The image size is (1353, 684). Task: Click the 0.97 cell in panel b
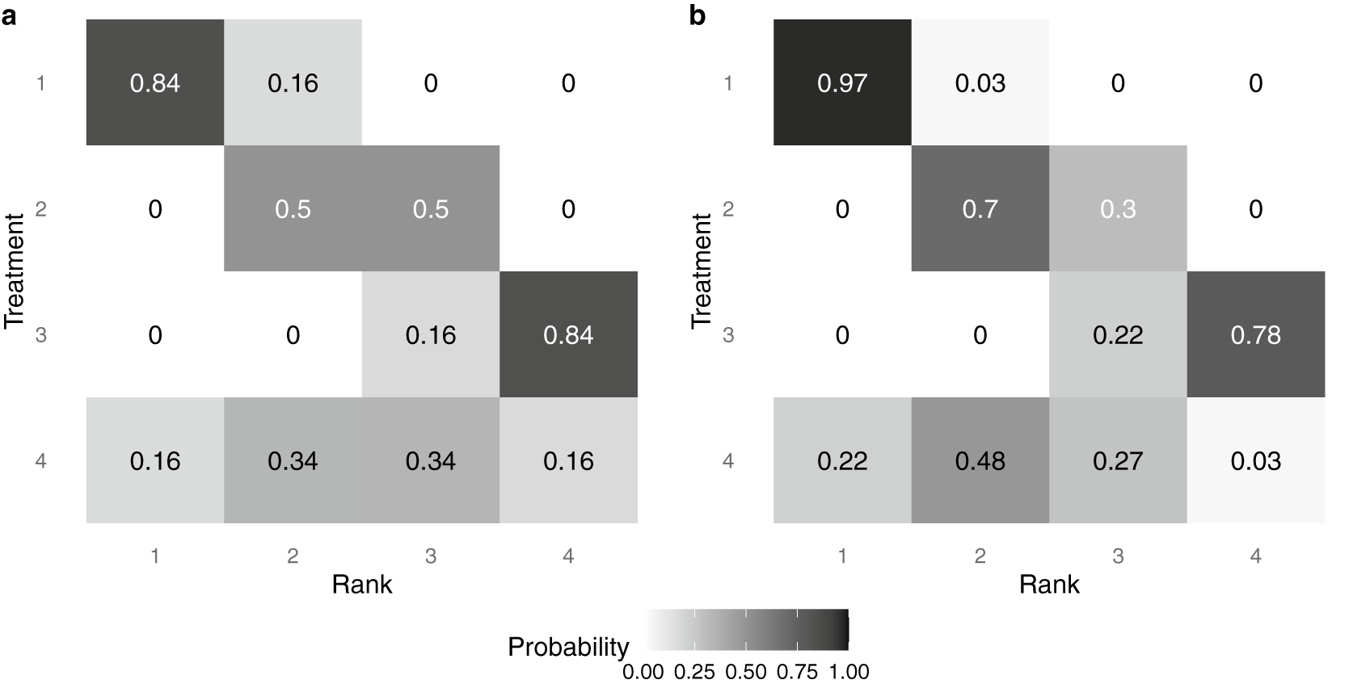coord(842,83)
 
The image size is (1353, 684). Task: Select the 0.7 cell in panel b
coord(980,209)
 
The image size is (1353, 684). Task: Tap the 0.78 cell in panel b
coord(1255,335)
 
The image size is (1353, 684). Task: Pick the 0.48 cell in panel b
coord(980,461)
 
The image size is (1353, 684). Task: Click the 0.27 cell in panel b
coord(1118,461)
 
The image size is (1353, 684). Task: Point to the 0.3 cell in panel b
coord(1118,209)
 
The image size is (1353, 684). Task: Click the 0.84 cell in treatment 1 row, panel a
coord(155,83)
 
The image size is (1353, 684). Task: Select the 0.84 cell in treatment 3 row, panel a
coord(568,335)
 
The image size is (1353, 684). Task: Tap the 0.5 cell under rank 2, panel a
coord(293,209)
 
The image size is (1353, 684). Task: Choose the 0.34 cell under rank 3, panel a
coord(431,461)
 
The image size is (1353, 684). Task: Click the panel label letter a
coord(9,16)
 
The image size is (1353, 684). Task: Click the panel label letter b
coord(698,16)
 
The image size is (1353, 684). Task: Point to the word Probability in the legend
coord(568,647)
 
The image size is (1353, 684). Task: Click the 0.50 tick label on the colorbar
coord(746,672)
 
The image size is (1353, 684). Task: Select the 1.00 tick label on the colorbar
coord(848,672)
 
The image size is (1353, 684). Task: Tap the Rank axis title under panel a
coord(361,584)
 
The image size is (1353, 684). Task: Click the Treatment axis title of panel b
coord(702,271)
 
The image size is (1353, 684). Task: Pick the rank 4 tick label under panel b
coord(1255,556)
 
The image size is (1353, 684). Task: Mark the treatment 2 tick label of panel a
coord(41,209)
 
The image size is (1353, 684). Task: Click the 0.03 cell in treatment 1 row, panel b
coord(980,83)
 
